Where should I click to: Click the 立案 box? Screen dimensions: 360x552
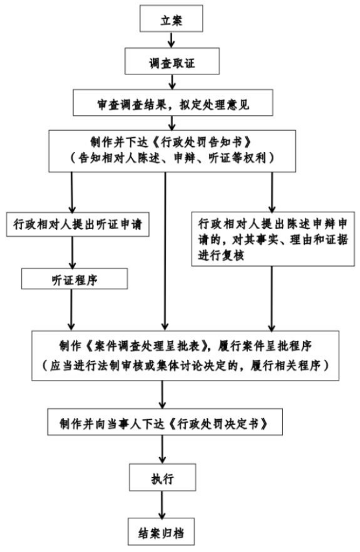point(171,19)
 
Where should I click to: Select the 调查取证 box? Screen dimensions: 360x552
point(172,61)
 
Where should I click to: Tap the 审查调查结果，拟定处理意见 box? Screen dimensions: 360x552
point(173,102)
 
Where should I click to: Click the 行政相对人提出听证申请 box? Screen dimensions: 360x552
point(78,224)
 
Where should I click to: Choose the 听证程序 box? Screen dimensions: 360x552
point(74,279)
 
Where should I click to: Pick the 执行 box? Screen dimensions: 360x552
point(163,478)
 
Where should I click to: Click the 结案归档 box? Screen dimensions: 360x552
point(161,532)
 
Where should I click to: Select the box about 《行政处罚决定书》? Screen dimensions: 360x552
point(165,422)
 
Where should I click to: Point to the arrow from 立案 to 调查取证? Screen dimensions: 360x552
point(171,40)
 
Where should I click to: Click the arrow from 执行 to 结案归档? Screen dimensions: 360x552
point(162,505)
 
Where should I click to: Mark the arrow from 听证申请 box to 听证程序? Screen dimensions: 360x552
point(73,252)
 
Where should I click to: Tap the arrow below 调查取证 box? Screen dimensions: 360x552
point(172,82)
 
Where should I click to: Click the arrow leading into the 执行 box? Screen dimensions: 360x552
point(162,450)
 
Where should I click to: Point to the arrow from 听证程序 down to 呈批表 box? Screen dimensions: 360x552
point(71,310)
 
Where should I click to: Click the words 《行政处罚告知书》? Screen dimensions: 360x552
point(203,142)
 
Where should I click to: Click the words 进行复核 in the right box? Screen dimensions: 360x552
point(221,255)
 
